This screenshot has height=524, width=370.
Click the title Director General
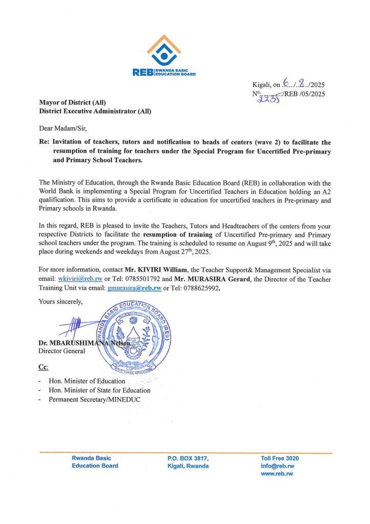coord(62,351)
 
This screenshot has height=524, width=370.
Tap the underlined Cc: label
coord(43,367)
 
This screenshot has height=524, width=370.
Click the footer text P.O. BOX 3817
coord(188,458)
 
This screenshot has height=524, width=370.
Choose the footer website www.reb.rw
coord(276,474)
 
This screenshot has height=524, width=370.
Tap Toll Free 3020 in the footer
coord(280,458)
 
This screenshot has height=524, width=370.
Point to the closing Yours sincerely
coord(60,302)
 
